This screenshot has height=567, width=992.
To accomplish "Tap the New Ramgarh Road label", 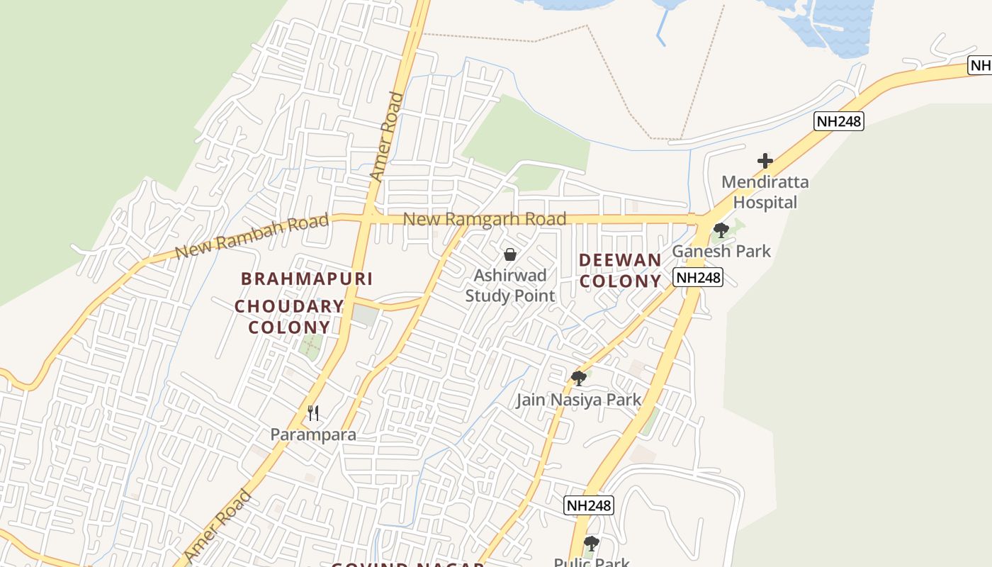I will tap(485, 219).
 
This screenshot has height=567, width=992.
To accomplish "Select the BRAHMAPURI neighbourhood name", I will tap(307, 279).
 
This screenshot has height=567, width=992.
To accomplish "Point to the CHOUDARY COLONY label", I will tap(289, 317).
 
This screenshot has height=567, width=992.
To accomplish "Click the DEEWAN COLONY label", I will tap(620, 270).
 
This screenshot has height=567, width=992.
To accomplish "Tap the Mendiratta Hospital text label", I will tap(765, 192).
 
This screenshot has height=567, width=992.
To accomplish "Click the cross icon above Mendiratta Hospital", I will tap(765, 161).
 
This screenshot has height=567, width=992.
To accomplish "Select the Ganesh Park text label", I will tap(721, 251).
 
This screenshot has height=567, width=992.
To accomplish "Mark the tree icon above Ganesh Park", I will tap(721, 230).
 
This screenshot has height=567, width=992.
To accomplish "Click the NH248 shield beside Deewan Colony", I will tap(698, 277).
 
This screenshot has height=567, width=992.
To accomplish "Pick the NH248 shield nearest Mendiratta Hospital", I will tap(839, 121).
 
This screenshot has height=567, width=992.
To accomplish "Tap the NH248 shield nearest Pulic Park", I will tap(589, 505).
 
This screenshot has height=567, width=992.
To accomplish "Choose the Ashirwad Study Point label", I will tap(510, 285).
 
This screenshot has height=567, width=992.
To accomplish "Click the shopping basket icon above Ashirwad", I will tap(509, 254).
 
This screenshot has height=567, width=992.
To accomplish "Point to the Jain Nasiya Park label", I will tap(578, 400).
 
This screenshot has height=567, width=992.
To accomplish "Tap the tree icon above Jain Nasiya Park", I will tap(579, 378).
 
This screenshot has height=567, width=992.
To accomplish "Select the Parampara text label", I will tap(313, 434).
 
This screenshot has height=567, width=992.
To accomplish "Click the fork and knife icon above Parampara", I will tap(313, 412).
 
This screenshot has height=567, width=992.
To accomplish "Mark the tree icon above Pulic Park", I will tap(591, 544).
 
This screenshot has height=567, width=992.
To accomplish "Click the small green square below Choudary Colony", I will tap(310, 347).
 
